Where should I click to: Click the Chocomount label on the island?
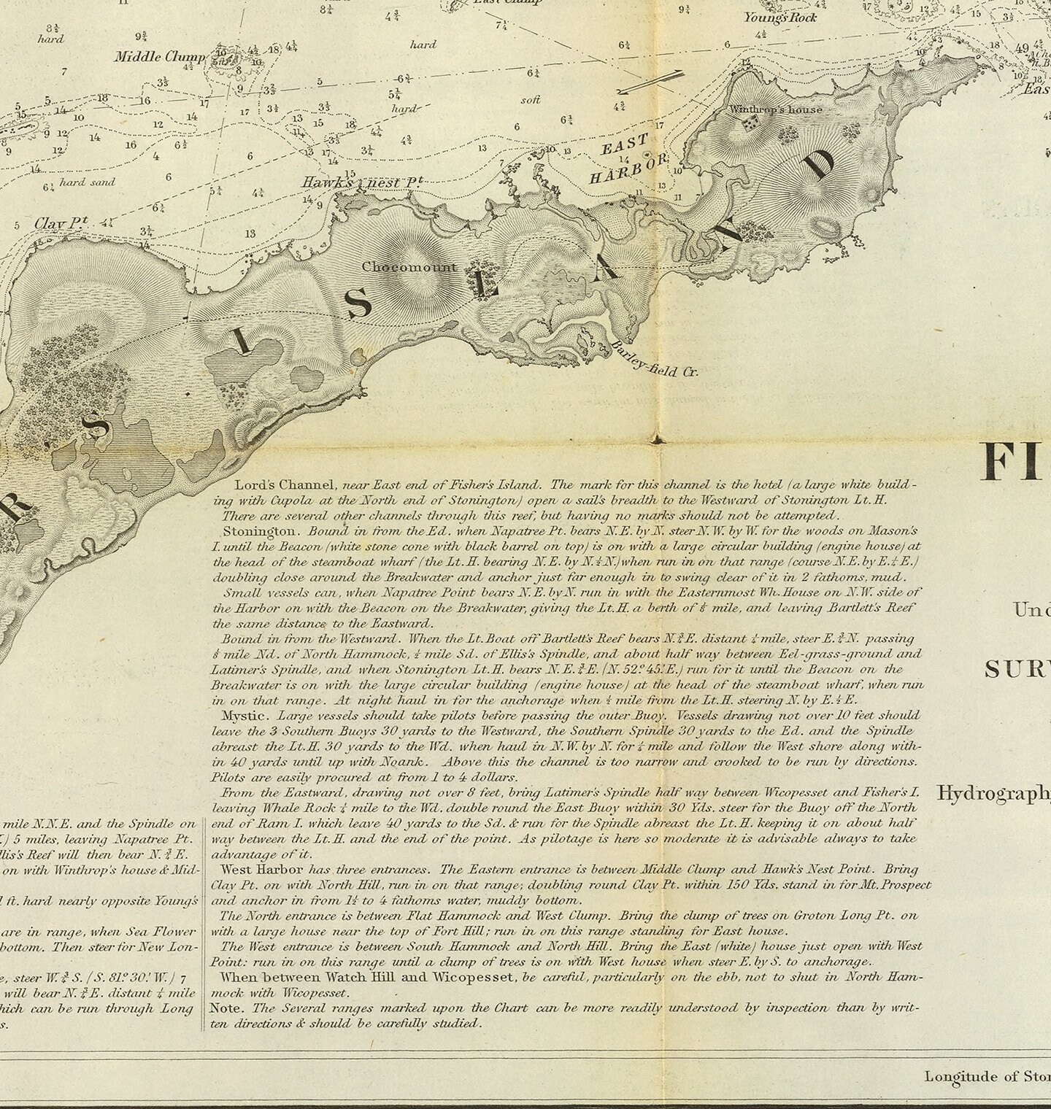point(409,267)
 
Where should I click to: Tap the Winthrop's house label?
point(776,109)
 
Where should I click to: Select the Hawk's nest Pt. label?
point(363,182)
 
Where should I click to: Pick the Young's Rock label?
point(780,17)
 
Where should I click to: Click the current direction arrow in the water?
point(650,82)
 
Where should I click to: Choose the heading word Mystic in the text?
point(242,716)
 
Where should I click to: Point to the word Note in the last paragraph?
point(226,1008)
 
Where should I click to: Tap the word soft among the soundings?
point(531,99)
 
